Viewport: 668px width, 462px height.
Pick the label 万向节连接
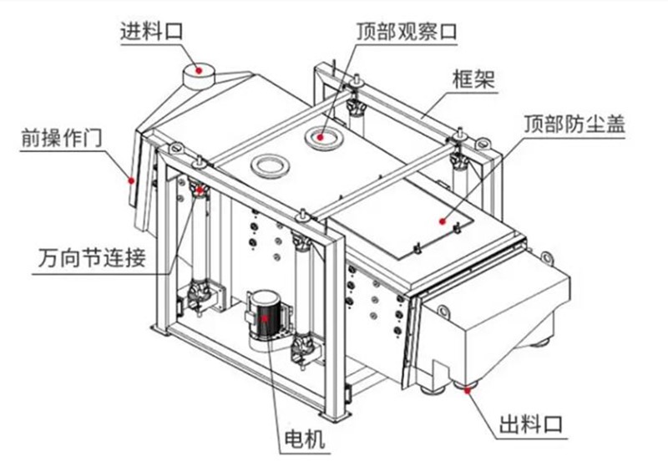pyautogui.click(x=91, y=258)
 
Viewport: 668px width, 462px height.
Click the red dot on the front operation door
pyautogui.click(x=130, y=177)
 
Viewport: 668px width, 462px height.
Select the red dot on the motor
pyautogui.click(x=266, y=318)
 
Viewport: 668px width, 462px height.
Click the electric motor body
pyautogui.click(x=266, y=317)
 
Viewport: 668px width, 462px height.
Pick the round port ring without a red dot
pyautogui.click(x=269, y=165)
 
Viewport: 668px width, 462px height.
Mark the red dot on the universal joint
pyautogui.click(x=200, y=190)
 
